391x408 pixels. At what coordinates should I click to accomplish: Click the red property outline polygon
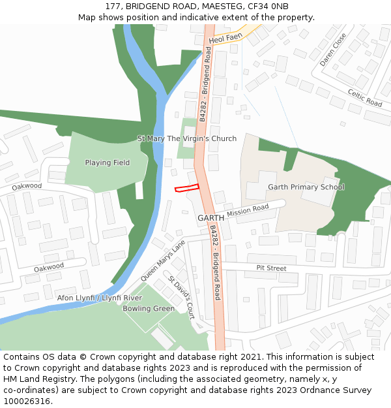(186, 188)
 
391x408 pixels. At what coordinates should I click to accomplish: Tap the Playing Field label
(108, 163)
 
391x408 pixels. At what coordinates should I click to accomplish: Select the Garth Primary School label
(306, 187)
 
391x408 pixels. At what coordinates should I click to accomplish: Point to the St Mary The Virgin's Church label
(187, 138)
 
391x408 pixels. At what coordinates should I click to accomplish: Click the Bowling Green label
(149, 308)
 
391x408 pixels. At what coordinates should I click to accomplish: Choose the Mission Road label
(248, 210)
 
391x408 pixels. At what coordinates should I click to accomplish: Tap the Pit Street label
(271, 268)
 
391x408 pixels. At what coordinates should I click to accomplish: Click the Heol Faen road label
(225, 39)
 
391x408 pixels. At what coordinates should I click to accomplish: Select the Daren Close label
(333, 50)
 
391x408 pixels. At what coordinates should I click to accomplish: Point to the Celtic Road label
(364, 99)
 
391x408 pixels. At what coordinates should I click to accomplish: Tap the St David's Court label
(181, 298)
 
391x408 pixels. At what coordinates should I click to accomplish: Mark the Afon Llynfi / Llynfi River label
(100, 298)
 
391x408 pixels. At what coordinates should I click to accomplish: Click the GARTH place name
(210, 218)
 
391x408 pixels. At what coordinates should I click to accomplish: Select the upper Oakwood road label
(27, 186)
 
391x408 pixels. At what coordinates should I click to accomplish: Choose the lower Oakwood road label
(49, 267)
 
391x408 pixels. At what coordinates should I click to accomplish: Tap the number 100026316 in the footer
(25, 401)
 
